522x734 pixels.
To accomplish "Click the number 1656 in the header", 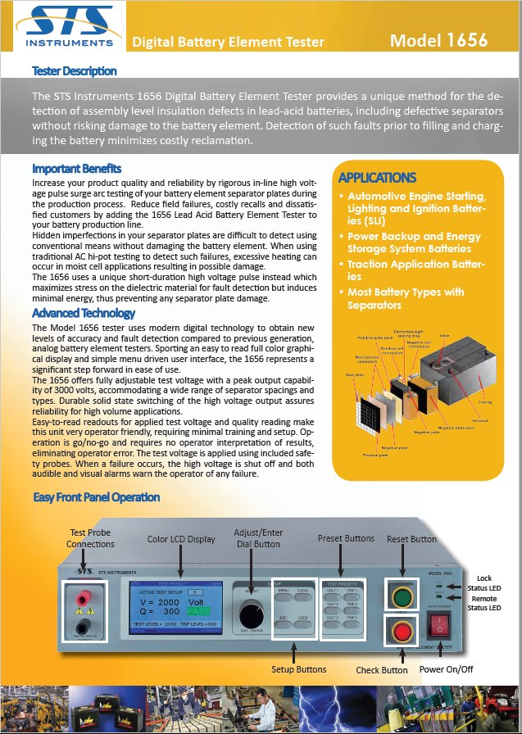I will pyautogui.click(x=465, y=40).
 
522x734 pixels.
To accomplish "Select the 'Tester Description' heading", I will pyautogui.click(x=74, y=71).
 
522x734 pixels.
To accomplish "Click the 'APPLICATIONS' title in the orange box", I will pyautogui.click(x=377, y=178).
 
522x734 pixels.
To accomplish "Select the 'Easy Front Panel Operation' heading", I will pyautogui.click(x=96, y=497).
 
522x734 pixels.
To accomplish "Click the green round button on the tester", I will pyautogui.click(x=403, y=593).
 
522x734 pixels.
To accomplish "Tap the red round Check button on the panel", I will pyautogui.click(x=403, y=631).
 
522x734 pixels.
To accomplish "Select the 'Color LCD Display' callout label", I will pyautogui.click(x=181, y=539).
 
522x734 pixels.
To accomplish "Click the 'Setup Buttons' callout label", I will pyautogui.click(x=299, y=669).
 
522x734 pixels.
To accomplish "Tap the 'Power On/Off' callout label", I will pyautogui.click(x=446, y=669).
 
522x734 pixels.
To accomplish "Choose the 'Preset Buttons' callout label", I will pyautogui.click(x=346, y=538).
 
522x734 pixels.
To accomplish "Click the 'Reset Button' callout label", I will pyautogui.click(x=411, y=539).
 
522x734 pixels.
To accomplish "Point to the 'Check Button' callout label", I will pyautogui.click(x=381, y=670).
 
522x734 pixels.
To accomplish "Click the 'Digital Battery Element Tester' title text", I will pyautogui.click(x=229, y=42).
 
